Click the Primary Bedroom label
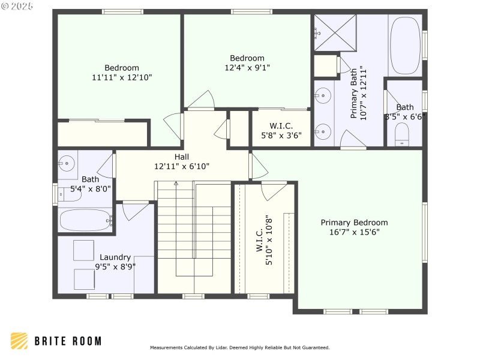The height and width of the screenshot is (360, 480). [354, 222]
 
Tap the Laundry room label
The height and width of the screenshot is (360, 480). [115, 257]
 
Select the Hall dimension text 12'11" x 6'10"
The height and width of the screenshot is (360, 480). [182, 166]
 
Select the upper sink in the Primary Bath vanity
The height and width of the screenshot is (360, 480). [323, 95]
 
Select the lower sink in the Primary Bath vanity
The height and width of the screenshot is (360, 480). [323, 129]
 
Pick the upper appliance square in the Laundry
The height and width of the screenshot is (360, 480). [83, 250]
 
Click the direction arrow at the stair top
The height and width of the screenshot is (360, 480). [176, 184]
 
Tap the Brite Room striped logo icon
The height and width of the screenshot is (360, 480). [19, 341]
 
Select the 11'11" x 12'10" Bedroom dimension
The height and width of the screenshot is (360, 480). [122, 77]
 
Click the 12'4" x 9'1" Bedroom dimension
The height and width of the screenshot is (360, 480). [247, 68]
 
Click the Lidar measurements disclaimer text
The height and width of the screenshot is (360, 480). [239, 347]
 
